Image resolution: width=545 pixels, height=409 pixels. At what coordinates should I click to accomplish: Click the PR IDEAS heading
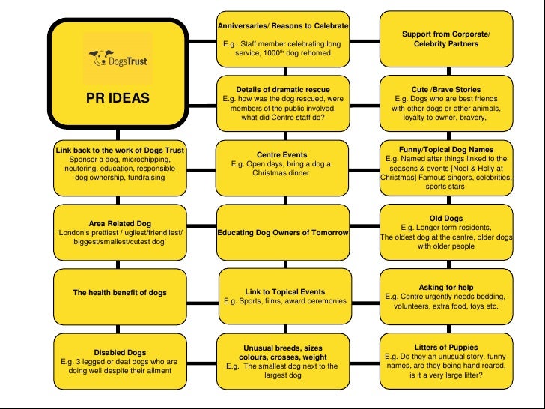tap(118, 98)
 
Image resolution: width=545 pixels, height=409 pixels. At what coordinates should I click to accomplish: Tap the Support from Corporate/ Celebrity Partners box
tap(446, 39)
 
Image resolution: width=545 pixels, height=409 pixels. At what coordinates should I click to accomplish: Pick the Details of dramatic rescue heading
tap(283, 89)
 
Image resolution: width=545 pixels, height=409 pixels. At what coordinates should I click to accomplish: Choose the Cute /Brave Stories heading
tap(446, 89)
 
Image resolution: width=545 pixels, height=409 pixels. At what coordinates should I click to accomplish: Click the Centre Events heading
tap(283, 154)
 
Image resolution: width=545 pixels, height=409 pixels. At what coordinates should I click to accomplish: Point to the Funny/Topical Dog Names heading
tap(446, 149)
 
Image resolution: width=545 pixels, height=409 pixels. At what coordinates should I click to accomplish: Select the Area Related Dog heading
tap(120, 223)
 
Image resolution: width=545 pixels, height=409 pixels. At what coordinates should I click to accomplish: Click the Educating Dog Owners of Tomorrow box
tap(283, 233)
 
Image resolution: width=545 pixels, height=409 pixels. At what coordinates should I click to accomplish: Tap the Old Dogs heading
tap(446, 218)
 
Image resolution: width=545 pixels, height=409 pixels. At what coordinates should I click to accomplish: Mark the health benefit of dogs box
tap(120, 292)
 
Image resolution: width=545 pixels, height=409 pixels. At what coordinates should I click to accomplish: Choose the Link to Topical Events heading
tap(283, 291)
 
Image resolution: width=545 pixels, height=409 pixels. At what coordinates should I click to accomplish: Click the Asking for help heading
tap(446, 287)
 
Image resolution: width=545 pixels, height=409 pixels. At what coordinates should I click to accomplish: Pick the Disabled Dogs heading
tap(120, 352)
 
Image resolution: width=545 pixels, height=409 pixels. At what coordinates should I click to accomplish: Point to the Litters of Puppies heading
tap(446, 347)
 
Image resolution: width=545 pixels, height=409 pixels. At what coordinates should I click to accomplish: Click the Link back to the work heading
tap(120, 150)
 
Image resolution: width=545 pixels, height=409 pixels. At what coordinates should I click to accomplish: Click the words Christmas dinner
tap(283, 172)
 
